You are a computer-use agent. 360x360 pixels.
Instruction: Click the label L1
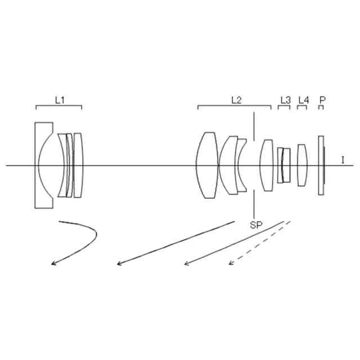click(60, 100)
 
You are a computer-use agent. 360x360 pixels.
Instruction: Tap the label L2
click(237, 100)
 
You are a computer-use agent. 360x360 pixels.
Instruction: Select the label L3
click(285, 100)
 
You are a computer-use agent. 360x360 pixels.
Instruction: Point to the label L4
click(303, 100)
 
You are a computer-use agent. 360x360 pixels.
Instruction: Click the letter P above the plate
click(322, 100)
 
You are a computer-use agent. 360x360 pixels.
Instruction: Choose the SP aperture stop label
click(256, 224)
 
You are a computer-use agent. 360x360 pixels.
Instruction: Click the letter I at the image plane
click(343, 160)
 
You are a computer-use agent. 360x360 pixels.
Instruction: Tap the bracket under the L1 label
click(58, 106)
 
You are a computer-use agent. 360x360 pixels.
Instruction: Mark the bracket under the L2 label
click(235, 106)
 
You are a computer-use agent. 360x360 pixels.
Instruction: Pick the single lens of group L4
click(303, 165)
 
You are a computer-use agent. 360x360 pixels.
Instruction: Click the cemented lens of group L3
click(284, 165)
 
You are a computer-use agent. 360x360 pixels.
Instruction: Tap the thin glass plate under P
click(321, 165)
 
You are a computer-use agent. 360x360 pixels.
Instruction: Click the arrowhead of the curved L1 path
click(53, 263)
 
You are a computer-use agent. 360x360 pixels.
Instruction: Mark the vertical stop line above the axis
click(255, 126)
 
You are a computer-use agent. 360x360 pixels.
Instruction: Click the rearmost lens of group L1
click(78, 165)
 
